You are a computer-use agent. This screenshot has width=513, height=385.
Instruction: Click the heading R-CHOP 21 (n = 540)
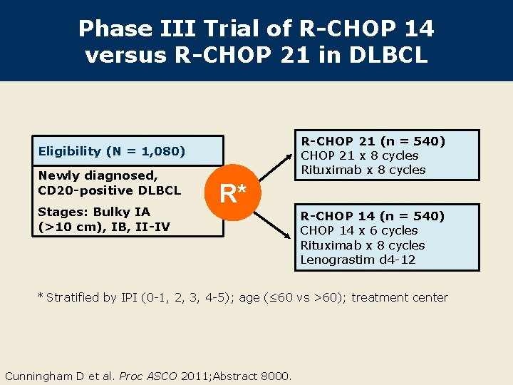pos(373,141)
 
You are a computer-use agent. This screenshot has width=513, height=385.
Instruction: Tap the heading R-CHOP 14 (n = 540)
pos(372,216)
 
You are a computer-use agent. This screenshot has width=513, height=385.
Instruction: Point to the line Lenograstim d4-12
pos(358,260)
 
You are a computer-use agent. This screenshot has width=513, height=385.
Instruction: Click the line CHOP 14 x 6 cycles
pos(359,230)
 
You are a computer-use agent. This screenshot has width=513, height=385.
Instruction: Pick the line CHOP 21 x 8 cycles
pos(359,155)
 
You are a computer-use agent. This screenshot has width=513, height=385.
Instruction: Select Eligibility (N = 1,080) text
pos(112,151)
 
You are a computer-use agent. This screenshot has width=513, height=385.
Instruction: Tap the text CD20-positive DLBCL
pos(109,190)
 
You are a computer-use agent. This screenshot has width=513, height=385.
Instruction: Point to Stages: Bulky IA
pos(93,212)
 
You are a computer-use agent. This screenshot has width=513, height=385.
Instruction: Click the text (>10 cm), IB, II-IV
pos(103,227)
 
